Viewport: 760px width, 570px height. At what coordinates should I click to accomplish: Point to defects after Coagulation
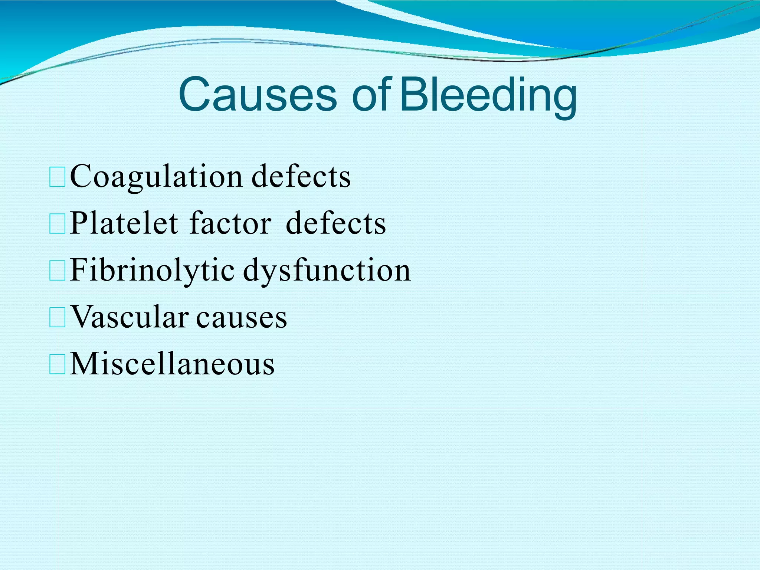301,177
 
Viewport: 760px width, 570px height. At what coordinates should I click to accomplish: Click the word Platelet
124,223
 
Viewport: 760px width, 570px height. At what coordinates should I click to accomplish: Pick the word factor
230,223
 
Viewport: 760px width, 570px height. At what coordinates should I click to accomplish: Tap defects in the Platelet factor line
336,223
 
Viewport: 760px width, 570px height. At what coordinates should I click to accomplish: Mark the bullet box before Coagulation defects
57,177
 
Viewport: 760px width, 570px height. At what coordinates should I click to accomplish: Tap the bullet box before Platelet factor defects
57,224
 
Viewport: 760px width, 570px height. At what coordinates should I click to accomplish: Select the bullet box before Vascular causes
57,318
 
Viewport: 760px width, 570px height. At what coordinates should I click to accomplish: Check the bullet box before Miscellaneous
57,365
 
